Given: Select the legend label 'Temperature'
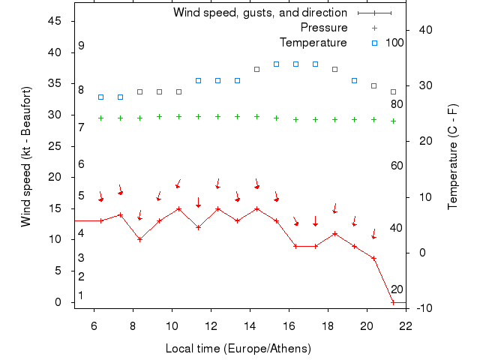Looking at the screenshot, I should click(x=313, y=43).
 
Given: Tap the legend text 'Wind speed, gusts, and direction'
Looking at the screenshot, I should click(x=259, y=13).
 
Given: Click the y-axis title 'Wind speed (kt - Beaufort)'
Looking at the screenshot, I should click(x=26, y=157).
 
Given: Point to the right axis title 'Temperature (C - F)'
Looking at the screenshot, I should click(x=453, y=157).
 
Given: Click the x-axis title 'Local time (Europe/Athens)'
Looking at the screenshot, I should click(x=238, y=349).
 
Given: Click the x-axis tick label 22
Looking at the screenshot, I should click(x=406, y=326).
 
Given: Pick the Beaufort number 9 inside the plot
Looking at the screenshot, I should click(x=81, y=46).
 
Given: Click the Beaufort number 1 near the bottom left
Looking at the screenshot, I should click(x=81, y=295).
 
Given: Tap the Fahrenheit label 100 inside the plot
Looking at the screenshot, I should click(x=394, y=43).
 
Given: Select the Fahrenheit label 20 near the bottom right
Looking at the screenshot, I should click(x=397, y=289).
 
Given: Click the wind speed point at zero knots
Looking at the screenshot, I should click(x=393, y=302).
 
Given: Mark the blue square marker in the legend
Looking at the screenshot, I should click(x=375, y=43).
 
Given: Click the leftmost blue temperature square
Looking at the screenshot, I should click(x=100, y=97).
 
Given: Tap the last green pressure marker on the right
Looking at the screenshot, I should click(x=393, y=121).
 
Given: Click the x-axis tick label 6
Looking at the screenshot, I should click(x=94, y=326).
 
